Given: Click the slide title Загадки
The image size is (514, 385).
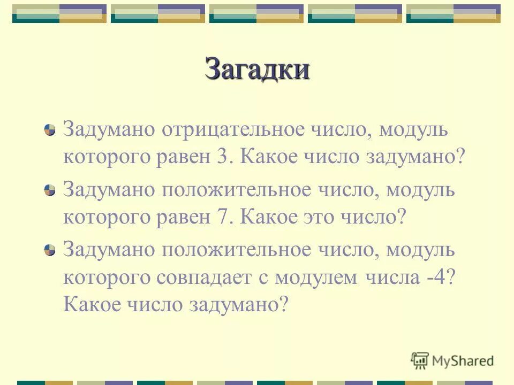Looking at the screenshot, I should [256, 70].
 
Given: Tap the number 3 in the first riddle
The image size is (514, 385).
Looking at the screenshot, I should [224, 158].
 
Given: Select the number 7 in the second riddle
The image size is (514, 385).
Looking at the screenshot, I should [224, 218].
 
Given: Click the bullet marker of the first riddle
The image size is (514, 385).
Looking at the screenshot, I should [49, 130].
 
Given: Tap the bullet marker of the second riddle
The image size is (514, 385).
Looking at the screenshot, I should [49, 191].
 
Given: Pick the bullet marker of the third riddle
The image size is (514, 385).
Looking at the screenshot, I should [49, 251].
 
